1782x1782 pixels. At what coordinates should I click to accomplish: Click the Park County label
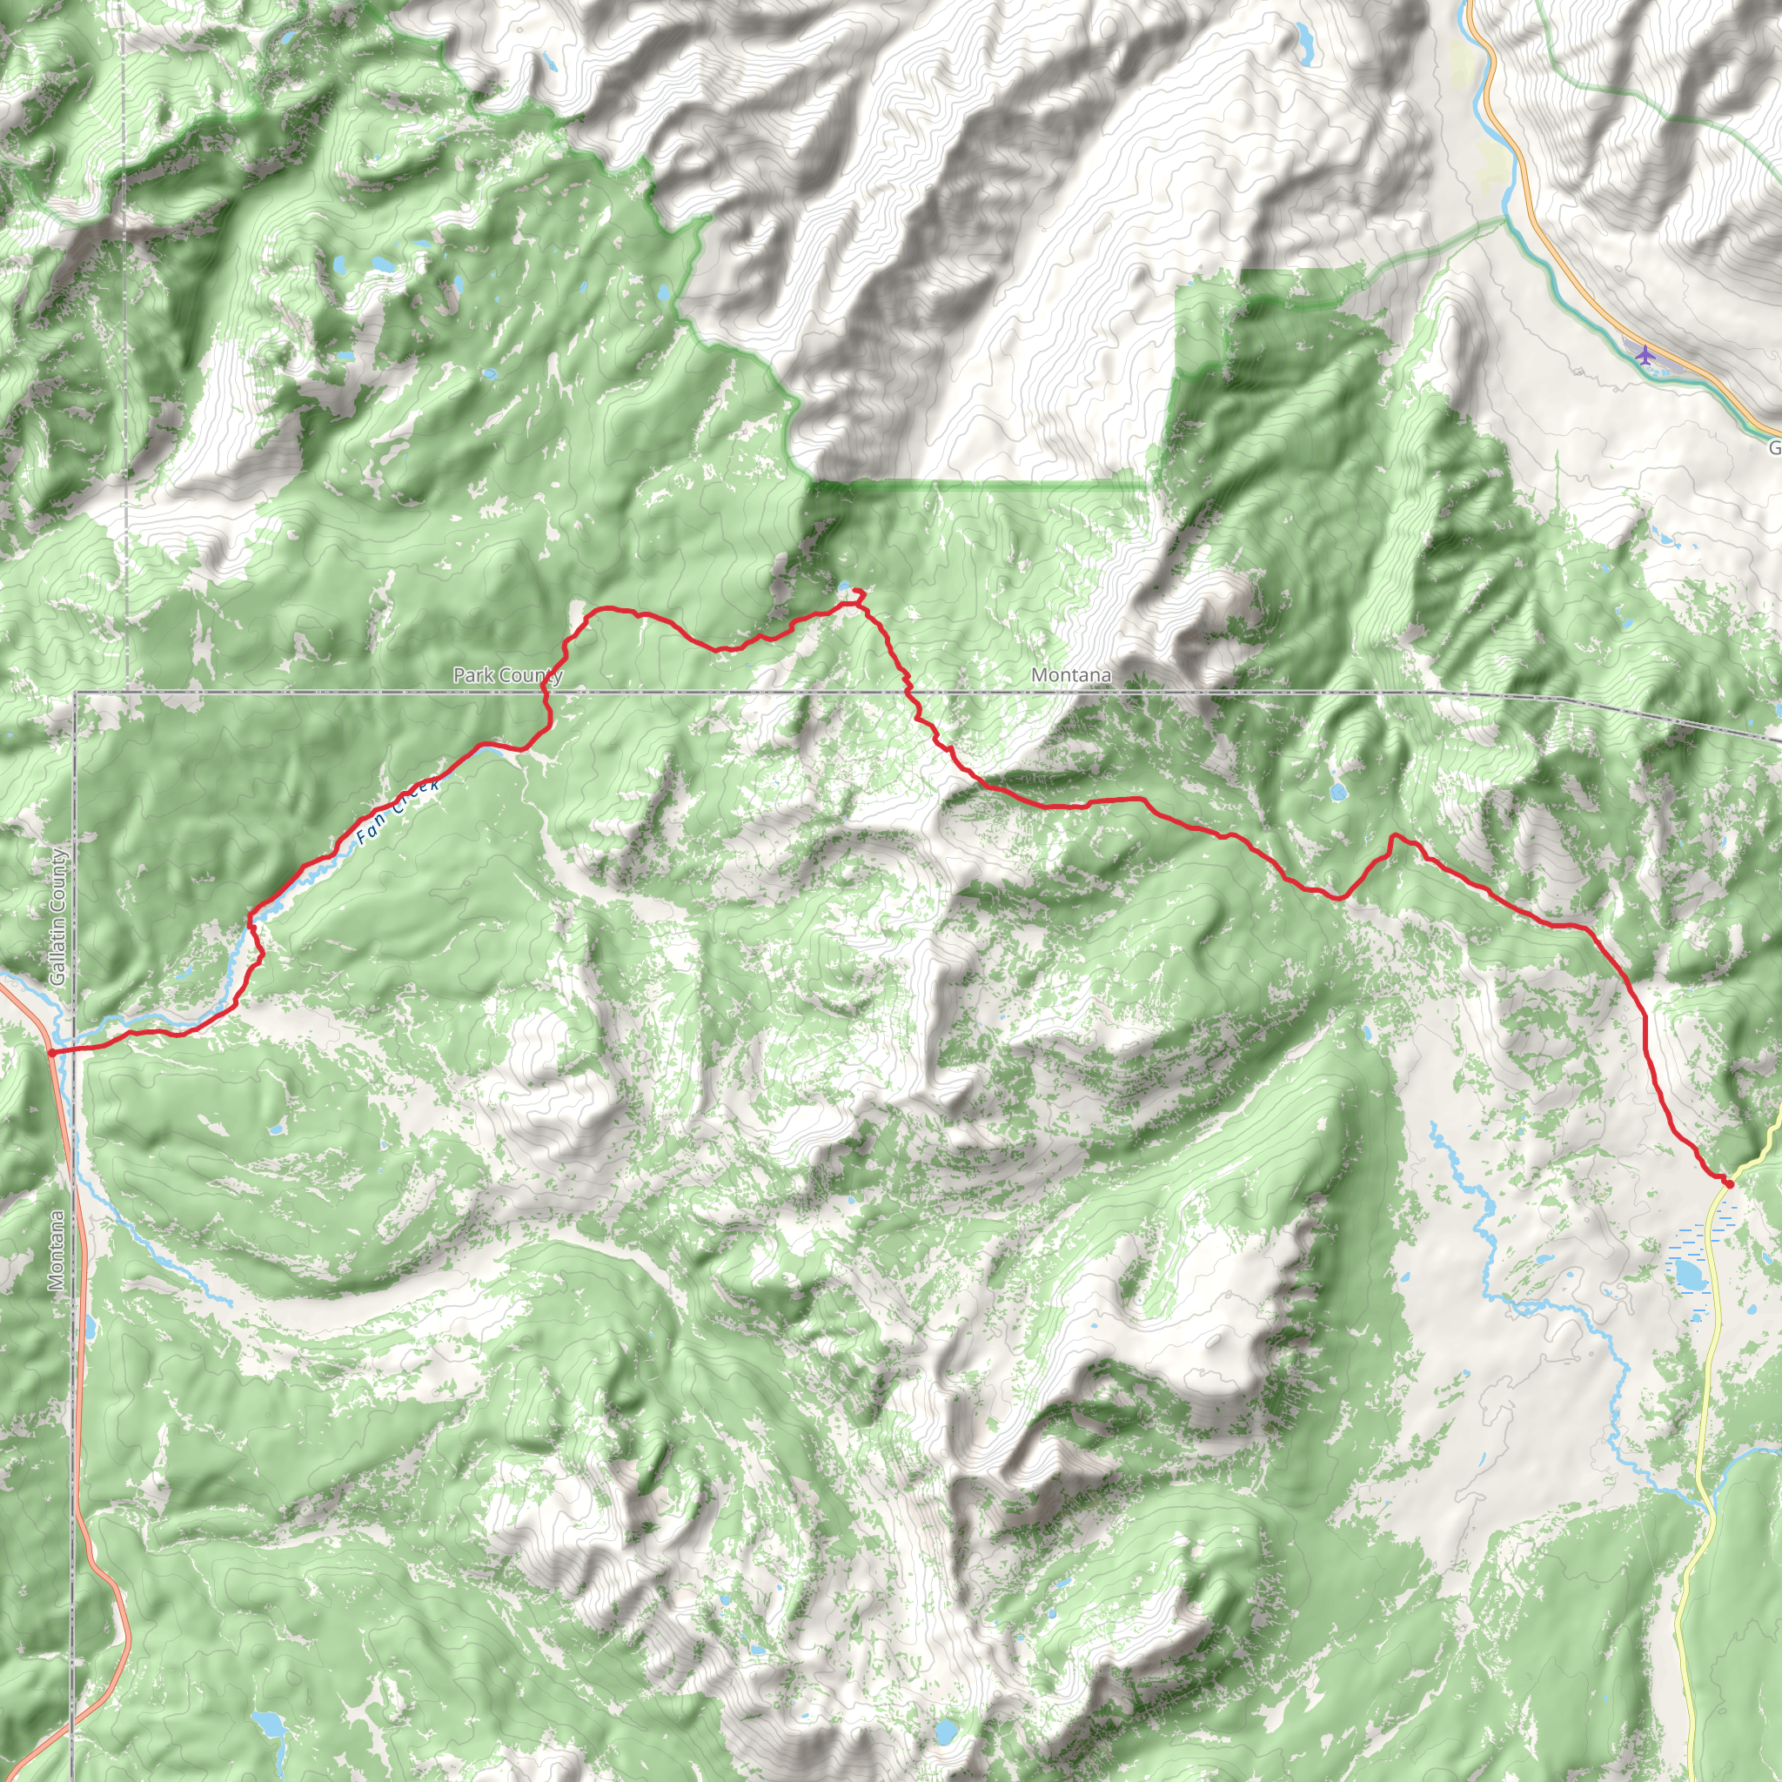pos(507,675)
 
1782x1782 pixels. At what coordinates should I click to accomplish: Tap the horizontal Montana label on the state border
pos(1071,675)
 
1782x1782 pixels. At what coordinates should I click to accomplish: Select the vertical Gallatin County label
pos(57,917)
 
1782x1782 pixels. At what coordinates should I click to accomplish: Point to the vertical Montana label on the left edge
pos(57,1249)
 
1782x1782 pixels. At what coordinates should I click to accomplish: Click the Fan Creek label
pos(398,811)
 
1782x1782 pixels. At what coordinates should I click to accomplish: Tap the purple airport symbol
pos(1644,353)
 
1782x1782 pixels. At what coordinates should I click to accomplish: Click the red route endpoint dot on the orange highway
pos(52,1051)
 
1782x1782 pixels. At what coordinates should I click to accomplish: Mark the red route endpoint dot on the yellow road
pos(1730,1183)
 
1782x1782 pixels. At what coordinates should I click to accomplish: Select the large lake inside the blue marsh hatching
pos(1690,1276)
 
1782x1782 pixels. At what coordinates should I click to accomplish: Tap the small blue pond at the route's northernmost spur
pos(845,586)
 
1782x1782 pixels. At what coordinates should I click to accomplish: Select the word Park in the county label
pos(471,675)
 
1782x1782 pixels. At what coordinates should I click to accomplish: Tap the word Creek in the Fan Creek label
pos(413,798)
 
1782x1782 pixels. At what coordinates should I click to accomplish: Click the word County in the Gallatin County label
pos(57,880)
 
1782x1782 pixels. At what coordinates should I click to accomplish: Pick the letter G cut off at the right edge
pos(1775,448)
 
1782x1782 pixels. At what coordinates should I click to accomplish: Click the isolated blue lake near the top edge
pos(1305,39)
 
